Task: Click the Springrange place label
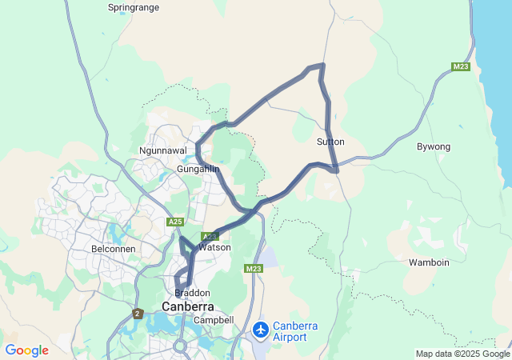(134, 7)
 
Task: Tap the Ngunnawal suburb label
(162, 150)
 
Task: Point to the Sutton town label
(330, 142)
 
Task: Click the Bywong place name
(434, 146)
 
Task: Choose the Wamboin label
(429, 262)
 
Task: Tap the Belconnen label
(113, 249)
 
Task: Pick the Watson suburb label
(214, 248)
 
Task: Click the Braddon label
(192, 293)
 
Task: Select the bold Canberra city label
(188, 307)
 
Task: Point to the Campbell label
(213, 320)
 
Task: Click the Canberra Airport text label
(301, 331)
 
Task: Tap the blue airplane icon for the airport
(260, 329)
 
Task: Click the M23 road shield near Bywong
(460, 66)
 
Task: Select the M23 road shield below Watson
(254, 268)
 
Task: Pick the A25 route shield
(175, 221)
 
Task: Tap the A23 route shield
(209, 237)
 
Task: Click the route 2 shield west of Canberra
(138, 313)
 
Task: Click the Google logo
(26, 350)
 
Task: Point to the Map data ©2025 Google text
(462, 354)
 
